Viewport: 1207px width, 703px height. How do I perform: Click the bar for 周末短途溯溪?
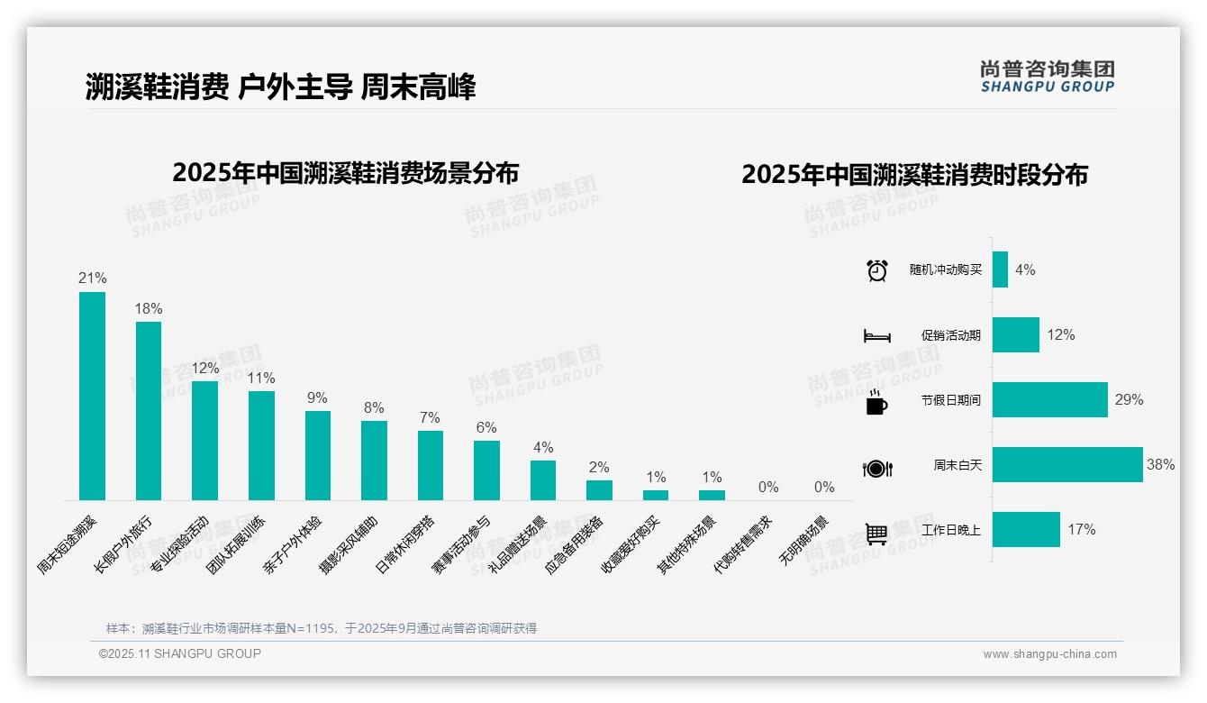(92, 396)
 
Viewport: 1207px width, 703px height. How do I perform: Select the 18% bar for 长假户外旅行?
(149, 411)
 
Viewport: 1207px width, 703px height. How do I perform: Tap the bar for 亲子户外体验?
(318, 455)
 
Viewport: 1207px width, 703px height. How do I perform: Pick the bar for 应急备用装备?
(599, 489)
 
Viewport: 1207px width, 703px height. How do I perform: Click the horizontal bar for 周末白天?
(1067, 465)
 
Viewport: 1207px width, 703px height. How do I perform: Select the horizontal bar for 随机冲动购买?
(1000, 269)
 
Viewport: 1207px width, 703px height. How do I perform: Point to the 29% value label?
(1129, 399)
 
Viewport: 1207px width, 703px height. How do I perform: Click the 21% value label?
(92, 278)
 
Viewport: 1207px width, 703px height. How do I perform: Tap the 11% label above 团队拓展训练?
(261, 378)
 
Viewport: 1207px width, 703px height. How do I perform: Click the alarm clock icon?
(876, 270)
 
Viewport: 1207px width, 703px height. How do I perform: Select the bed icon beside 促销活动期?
(876, 336)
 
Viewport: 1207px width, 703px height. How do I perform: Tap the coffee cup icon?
(876, 402)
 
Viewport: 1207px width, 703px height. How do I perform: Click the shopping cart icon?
(876, 534)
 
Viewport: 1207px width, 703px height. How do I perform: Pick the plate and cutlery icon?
(876, 468)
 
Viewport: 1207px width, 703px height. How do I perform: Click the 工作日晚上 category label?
(950, 530)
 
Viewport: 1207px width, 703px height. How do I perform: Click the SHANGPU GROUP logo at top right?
(1047, 76)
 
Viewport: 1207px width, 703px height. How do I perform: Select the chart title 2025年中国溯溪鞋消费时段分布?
(914, 174)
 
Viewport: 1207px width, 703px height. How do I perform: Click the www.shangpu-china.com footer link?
(1049, 654)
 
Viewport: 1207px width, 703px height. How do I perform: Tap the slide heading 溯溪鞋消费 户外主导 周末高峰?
(280, 87)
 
